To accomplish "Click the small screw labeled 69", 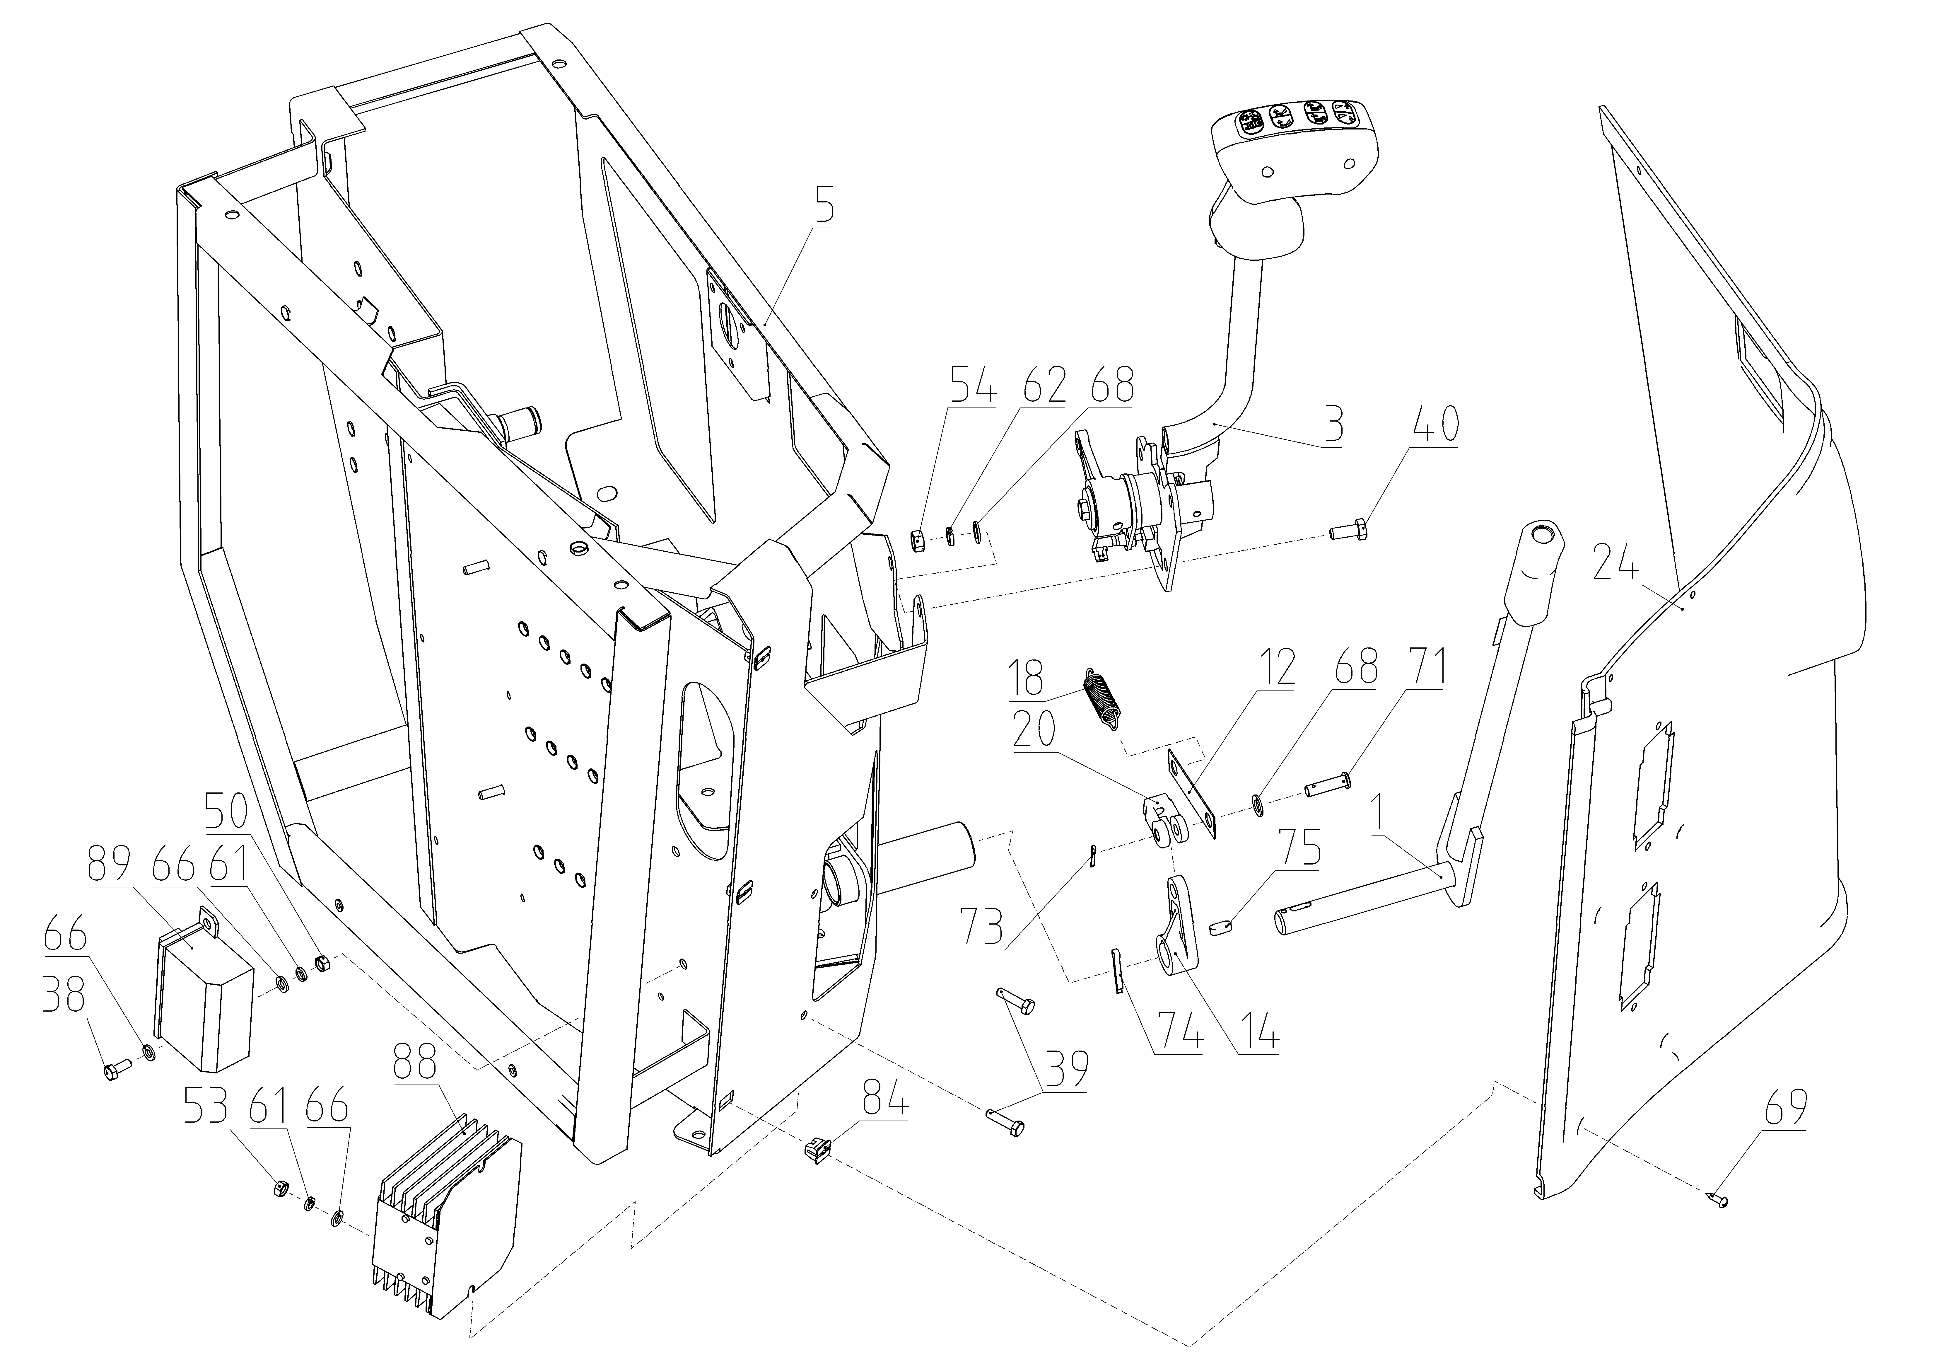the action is pyautogui.click(x=1546, y=1221).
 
